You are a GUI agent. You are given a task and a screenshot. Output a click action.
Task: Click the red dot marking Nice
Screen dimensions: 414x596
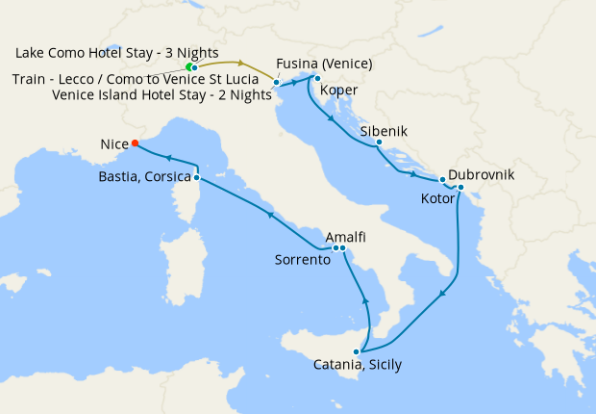(135, 143)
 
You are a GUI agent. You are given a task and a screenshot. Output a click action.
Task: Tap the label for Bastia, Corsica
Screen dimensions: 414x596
(144, 177)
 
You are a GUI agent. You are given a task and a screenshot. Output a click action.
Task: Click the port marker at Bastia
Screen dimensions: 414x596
(196, 177)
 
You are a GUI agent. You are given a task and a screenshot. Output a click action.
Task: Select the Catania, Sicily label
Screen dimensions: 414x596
(358, 365)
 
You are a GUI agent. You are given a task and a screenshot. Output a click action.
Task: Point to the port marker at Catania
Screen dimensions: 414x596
(357, 351)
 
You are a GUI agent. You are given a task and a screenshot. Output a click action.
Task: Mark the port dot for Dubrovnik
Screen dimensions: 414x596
(442, 180)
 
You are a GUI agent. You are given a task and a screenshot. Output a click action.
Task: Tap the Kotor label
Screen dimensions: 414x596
(439, 198)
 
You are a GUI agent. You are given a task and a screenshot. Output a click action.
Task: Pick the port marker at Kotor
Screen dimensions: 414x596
(461, 187)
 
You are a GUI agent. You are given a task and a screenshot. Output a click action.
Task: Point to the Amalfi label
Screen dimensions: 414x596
(345, 236)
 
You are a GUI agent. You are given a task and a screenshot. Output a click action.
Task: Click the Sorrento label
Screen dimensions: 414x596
(303, 260)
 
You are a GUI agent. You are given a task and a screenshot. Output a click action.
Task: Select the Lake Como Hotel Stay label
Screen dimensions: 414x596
(116, 51)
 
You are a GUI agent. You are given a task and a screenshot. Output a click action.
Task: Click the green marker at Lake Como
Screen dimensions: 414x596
(190, 66)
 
